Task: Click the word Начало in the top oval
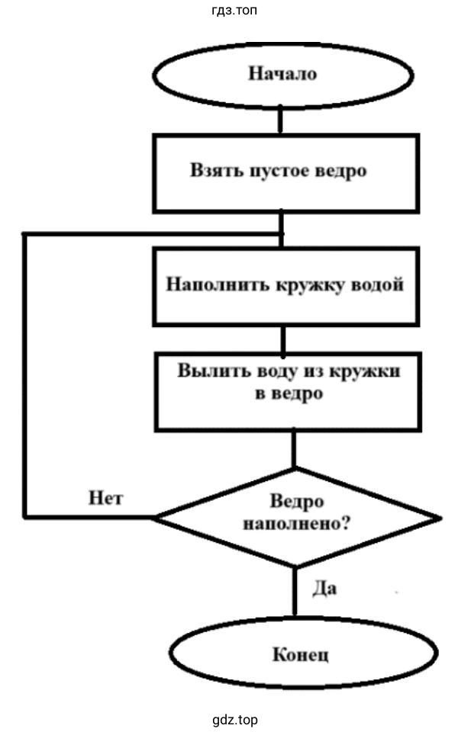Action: [x=282, y=74]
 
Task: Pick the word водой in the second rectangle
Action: [x=375, y=285]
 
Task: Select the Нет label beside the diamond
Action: [x=106, y=499]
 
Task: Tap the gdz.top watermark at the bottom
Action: [x=236, y=720]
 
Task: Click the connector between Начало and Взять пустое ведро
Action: [x=282, y=120]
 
